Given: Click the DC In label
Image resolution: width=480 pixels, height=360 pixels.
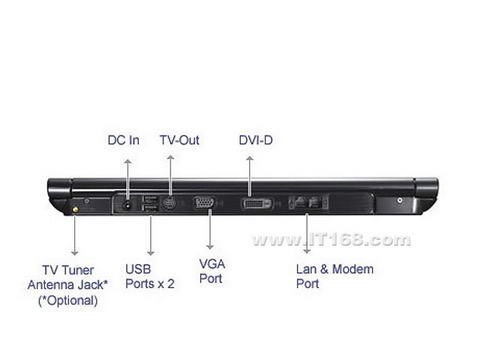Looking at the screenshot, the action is click(123, 140).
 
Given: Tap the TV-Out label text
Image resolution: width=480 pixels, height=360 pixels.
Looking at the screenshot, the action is click(179, 140).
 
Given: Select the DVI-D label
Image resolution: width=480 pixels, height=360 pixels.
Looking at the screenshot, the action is click(256, 140).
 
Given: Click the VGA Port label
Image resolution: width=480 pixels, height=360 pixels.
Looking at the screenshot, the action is click(212, 271).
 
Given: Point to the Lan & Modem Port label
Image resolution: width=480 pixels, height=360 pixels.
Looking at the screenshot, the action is click(335, 276).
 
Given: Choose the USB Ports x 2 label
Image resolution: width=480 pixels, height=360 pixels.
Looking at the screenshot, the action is click(150, 276).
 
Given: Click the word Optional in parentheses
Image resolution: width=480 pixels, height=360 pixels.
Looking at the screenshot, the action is click(70, 301).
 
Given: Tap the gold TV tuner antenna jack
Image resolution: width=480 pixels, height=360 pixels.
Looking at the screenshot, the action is click(75, 210).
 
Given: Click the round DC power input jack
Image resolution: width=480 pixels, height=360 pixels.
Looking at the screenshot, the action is click(127, 205).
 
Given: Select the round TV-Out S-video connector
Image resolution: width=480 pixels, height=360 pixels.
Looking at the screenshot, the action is click(169, 203).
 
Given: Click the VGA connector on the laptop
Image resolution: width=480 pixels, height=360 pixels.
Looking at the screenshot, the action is click(204, 202).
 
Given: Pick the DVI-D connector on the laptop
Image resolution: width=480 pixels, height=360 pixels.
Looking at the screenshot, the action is click(257, 203).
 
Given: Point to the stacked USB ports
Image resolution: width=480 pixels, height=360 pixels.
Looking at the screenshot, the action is click(150, 204).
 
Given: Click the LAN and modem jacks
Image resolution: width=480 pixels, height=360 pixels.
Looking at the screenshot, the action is click(308, 202).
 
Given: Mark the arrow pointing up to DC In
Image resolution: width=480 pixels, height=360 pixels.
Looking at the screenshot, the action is click(127, 180).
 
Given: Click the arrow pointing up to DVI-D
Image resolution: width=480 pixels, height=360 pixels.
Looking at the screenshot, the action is click(250, 176).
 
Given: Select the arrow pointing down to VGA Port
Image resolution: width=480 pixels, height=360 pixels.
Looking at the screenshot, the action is click(210, 229).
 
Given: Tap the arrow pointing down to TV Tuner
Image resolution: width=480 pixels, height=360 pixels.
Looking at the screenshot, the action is click(75, 234).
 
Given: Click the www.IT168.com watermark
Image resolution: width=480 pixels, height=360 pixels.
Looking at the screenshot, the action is click(331, 239).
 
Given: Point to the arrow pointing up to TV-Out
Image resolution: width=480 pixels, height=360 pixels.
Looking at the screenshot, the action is click(170, 175).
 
